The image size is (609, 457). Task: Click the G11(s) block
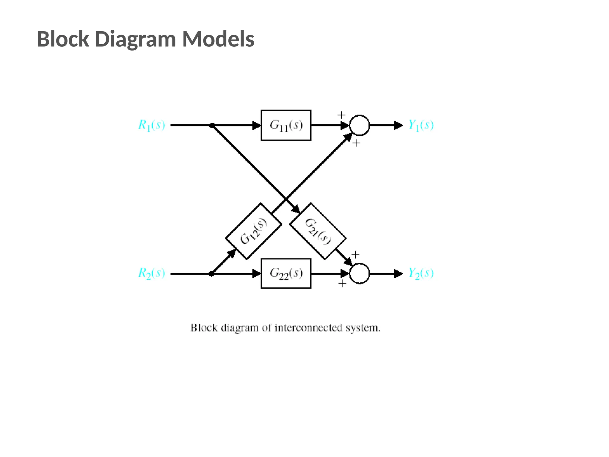click(286, 125)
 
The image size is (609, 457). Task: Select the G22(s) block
click(286, 273)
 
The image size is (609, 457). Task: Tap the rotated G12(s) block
click(254, 231)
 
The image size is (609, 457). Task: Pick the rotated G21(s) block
click(318, 231)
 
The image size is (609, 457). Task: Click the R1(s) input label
click(152, 125)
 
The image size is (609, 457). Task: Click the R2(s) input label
click(152, 273)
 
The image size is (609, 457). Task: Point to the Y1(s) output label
click(421, 125)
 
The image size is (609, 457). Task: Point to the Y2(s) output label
click(421, 273)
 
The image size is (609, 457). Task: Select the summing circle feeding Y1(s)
click(359, 125)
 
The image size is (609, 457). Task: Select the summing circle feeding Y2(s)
click(359, 273)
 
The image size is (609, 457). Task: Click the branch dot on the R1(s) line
click(212, 126)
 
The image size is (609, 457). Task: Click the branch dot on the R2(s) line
click(211, 273)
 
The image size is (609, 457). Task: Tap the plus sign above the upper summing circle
click(341, 115)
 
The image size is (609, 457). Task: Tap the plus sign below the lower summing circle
click(342, 283)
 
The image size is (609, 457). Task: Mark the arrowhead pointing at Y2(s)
click(398, 273)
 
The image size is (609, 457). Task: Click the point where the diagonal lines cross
click(286, 199)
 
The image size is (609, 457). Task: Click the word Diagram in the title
click(136, 39)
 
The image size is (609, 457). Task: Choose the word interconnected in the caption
click(308, 328)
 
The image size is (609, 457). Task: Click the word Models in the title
click(218, 39)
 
